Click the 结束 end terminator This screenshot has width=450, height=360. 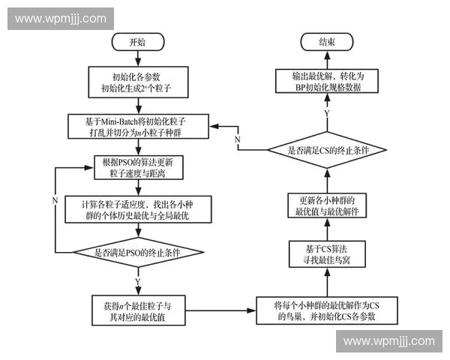pos(326,42)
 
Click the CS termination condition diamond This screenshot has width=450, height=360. pos(326,151)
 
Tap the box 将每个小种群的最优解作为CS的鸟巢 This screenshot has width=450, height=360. pos(326,310)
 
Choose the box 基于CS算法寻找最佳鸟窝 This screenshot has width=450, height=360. pos(326,255)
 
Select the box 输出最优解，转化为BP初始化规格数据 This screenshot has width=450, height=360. pos(326,81)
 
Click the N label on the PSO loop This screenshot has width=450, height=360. pos(55,199)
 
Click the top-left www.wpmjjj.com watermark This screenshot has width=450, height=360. pos(60,18)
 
